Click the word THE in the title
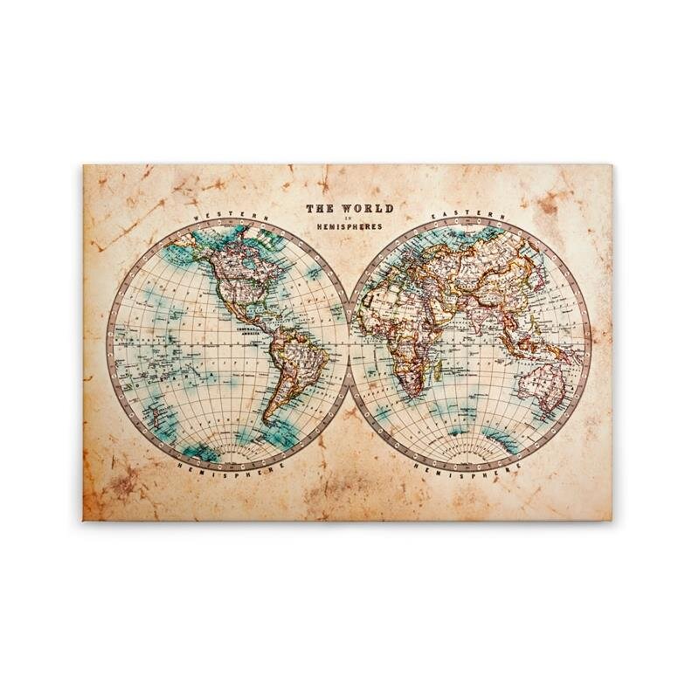point(318,210)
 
